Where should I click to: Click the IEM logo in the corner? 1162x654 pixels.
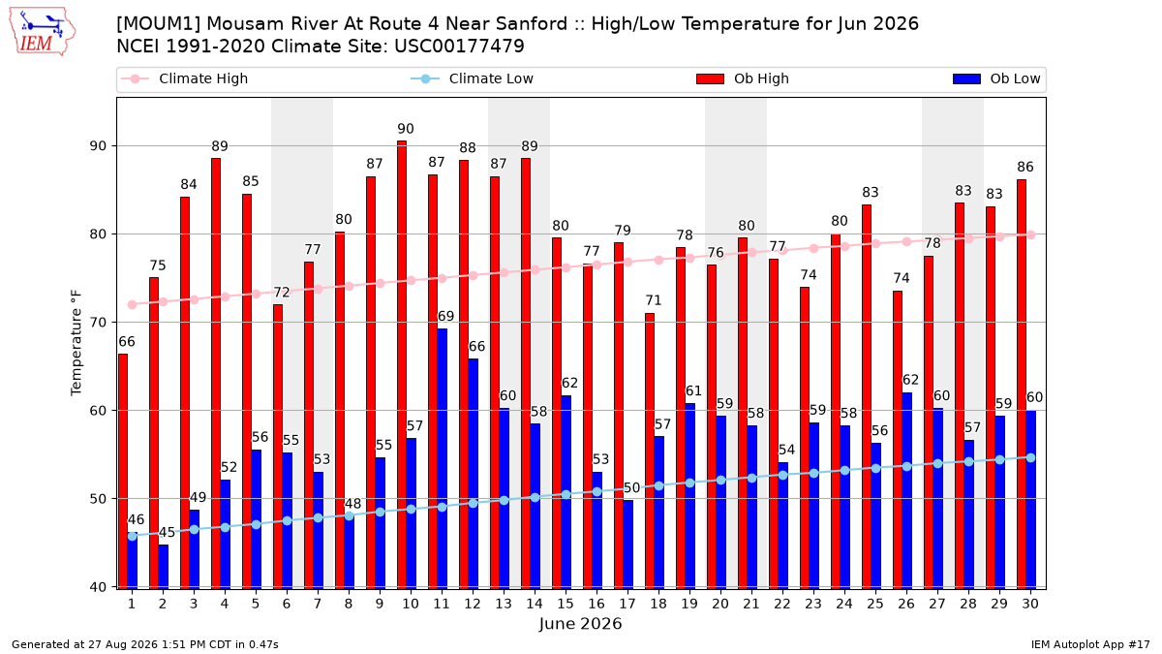tap(43, 31)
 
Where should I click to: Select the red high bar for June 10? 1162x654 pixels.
tap(402, 365)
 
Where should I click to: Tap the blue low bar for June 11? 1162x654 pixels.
tap(442, 459)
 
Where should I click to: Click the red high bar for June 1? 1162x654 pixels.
tap(123, 471)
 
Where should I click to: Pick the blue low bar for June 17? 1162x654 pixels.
tap(628, 545)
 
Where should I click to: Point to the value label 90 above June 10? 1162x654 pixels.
tap(406, 129)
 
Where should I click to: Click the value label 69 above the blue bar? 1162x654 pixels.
tap(445, 316)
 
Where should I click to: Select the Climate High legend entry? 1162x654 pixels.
tap(185, 78)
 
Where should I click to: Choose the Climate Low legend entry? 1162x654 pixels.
tap(473, 78)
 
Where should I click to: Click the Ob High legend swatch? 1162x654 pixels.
tap(710, 78)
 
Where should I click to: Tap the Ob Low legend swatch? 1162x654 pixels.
tap(967, 78)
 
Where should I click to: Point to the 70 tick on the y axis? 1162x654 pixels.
tap(98, 323)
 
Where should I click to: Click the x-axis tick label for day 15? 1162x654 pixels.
tap(566, 604)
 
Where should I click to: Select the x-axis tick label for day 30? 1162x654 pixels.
tap(1030, 604)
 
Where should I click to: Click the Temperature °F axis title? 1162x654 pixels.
tap(76, 344)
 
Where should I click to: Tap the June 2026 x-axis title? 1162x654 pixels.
tap(580, 623)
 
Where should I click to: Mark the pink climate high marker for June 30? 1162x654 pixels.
tap(1030, 235)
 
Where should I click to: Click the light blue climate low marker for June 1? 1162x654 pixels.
tap(133, 536)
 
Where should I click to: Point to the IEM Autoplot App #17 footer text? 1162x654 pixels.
tap(1090, 644)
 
